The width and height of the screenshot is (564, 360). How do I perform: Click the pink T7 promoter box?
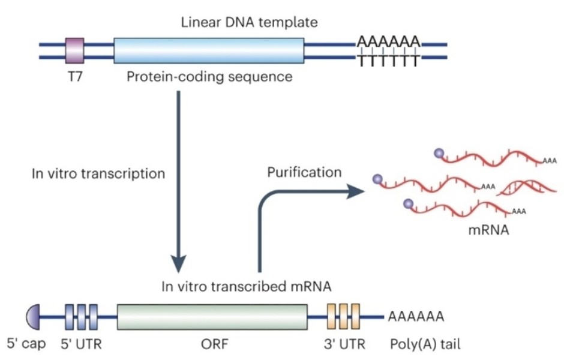[74, 50]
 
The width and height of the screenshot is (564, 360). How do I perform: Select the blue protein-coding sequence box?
[209, 50]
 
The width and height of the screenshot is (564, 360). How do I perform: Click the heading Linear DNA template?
[249, 23]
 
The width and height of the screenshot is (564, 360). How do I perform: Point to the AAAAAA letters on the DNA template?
[388, 42]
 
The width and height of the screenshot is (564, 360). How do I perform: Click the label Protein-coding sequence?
[209, 77]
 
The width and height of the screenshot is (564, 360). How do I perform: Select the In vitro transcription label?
[98, 174]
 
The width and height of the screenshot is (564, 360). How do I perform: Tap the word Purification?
[304, 173]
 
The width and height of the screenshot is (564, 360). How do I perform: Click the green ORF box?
[212, 316]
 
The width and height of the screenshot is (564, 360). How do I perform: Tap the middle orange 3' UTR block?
[343, 316]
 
